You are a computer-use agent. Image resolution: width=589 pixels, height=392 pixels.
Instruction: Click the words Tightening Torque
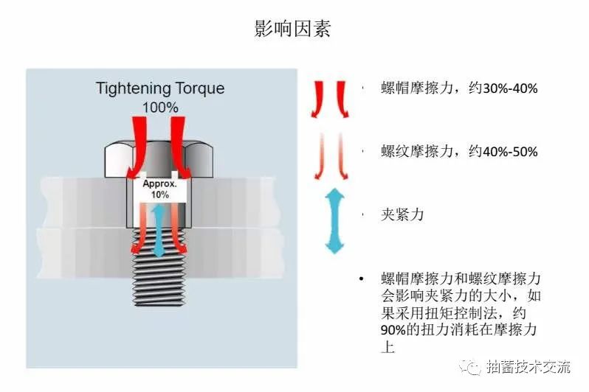point(160,89)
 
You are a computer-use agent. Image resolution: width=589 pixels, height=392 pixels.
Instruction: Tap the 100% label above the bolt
point(160,107)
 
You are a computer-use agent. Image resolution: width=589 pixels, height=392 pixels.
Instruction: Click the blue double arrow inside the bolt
point(156,231)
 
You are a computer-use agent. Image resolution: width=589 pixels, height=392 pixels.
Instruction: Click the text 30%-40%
point(509,88)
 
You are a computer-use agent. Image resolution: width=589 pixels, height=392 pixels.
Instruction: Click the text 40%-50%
point(509,152)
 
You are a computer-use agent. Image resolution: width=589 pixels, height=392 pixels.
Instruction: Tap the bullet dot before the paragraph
point(362,279)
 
